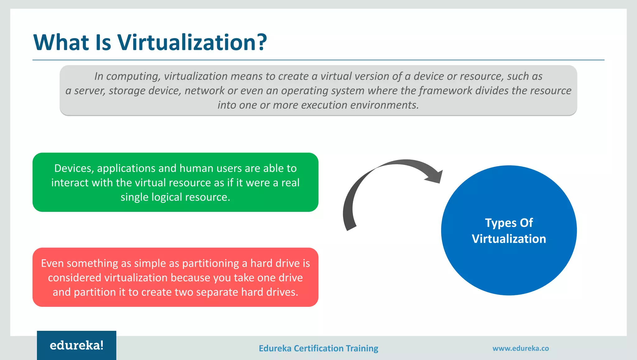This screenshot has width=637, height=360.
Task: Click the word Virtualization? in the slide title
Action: coord(192,42)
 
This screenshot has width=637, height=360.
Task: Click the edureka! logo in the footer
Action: coord(77,345)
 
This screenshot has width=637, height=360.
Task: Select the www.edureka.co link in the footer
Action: coord(520,348)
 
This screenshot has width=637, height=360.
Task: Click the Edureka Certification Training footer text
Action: coord(318,348)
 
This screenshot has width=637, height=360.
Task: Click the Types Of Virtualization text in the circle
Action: coord(509,231)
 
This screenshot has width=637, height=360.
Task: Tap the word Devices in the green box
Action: coord(74,168)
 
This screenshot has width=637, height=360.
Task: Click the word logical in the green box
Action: coord(167,197)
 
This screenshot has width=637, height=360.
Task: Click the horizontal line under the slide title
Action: coord(318,60)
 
